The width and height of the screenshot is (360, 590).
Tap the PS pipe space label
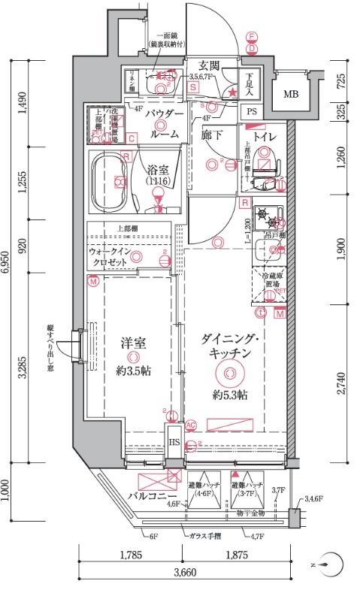point(250,113)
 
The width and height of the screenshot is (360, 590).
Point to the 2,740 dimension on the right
point(342,382)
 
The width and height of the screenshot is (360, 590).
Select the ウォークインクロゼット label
point(112,258)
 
